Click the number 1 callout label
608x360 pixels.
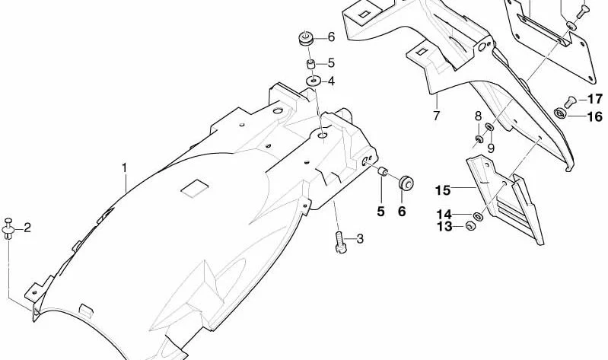125,168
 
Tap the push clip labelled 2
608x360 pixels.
8,229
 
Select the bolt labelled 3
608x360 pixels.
340,242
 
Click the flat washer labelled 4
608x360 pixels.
314,81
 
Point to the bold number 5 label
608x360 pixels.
380,212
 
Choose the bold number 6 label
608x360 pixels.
402,212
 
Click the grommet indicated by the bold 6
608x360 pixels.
406,183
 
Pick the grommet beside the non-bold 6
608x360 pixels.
306,39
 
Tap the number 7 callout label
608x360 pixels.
437,115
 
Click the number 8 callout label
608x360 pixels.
478,116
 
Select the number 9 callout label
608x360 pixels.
491,148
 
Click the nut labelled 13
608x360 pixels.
470,225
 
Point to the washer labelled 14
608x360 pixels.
478,215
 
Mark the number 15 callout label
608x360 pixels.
443,190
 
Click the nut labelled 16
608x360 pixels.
560,113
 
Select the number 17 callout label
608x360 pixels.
595,99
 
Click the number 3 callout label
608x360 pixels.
360,239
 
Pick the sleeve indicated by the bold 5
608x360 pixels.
383,171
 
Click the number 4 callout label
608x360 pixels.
331,81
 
